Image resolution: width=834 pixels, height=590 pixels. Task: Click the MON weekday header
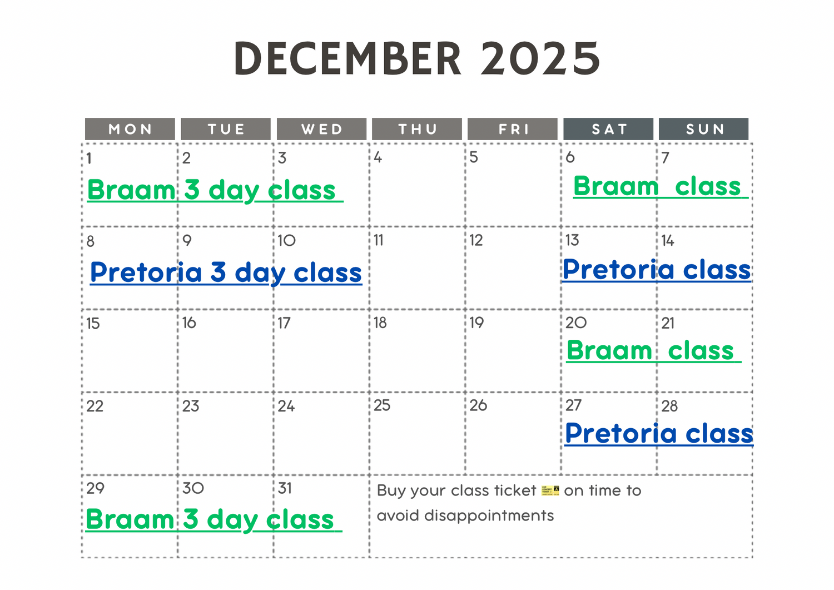[130, 129]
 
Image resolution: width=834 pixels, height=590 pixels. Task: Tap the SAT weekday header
[608, 129]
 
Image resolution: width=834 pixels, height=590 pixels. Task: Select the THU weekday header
[417, 129]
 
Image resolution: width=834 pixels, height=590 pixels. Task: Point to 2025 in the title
[540, 58]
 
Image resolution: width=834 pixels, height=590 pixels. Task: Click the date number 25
[382, 405]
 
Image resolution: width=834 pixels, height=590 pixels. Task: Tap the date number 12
[476, 240]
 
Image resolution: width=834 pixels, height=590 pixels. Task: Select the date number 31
[285, 488]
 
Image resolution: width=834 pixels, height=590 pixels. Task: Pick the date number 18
[380, 323]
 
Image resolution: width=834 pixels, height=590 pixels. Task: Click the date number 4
[378, 157]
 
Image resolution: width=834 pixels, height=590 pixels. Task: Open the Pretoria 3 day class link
[226, 273]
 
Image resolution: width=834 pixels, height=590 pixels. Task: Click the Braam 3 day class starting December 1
[215, 190]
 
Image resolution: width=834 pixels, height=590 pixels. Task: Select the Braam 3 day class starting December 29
[214, 520]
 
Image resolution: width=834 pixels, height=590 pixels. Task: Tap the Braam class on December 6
[661, 186]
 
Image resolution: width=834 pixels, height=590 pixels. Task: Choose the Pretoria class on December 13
[657, 270]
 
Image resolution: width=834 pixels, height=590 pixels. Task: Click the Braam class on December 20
[654, 350]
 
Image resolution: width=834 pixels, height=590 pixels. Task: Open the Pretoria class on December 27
[659, 434]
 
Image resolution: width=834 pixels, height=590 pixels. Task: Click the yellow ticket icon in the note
[550, 490]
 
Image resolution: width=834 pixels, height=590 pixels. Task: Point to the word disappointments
[489, 516]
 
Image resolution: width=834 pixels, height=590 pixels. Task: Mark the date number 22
[95, 406]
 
